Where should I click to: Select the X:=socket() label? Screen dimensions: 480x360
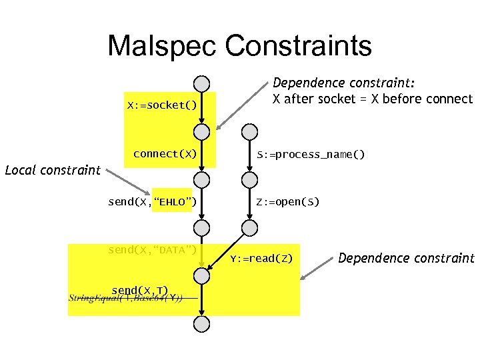[x=162, y=105]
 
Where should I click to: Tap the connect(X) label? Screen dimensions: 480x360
[x=165, y=153]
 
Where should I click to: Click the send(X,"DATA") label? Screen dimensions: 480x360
[x=152, y=250]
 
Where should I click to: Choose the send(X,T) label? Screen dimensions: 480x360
[x=139, y=290]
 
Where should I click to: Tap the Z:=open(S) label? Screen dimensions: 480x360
[x=288, y=201]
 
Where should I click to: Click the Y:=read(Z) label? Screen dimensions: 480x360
[x=261, y=258]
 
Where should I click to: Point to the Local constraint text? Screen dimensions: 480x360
[x=52, y=169]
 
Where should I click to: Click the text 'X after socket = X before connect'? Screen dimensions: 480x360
[x=373, y=99]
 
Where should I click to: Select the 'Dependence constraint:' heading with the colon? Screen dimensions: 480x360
[x=345, y=83]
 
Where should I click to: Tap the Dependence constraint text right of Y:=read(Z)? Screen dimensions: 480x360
[x=407, y=258]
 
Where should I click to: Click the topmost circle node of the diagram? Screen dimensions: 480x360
[x=201, y=83]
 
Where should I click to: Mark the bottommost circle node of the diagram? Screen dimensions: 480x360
[x=201, y=324]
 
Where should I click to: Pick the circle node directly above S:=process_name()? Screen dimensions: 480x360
[x=248, y=131]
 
